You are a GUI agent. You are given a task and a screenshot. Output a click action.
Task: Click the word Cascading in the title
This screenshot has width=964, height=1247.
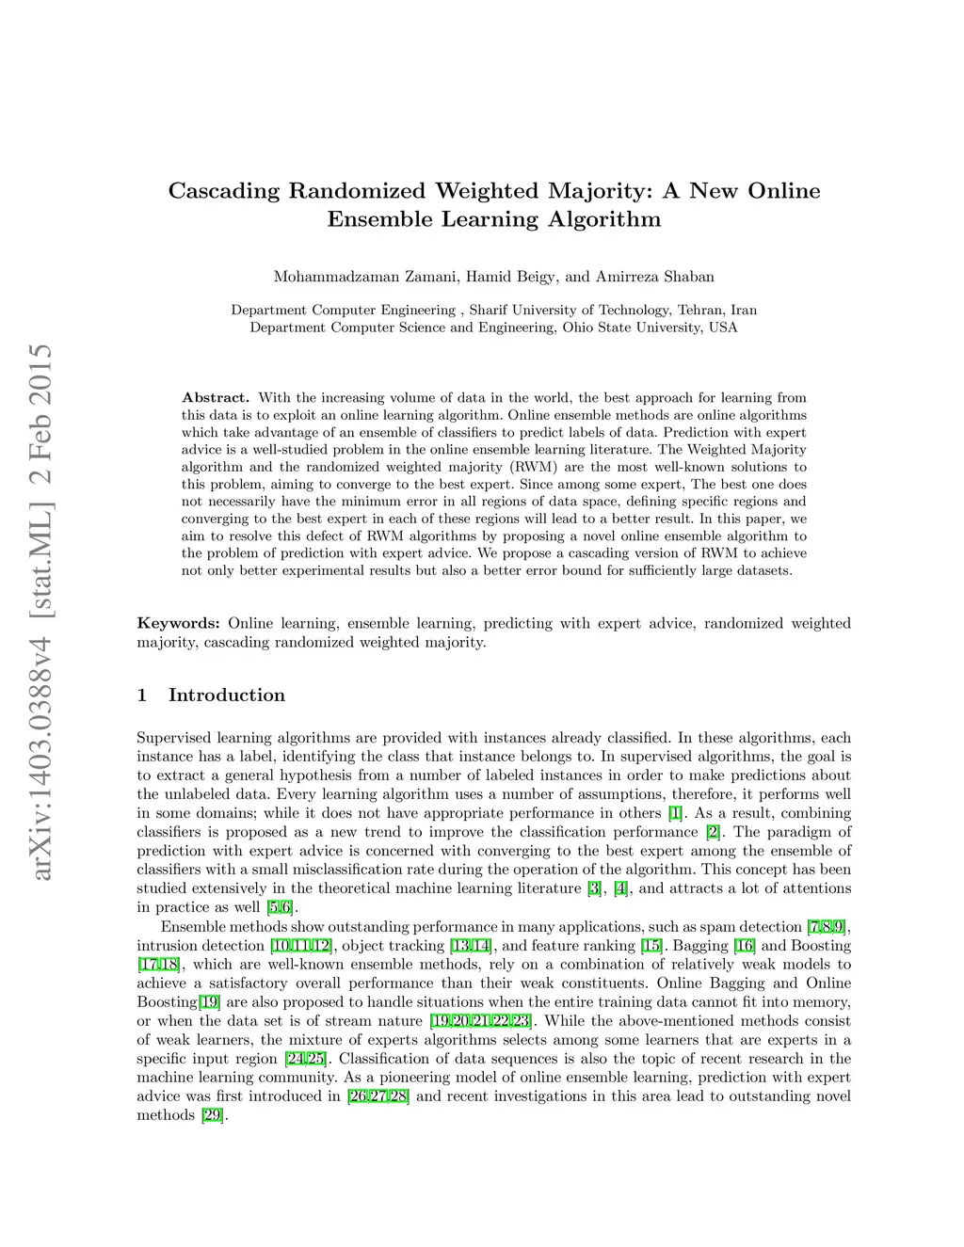click(x=224, y=191)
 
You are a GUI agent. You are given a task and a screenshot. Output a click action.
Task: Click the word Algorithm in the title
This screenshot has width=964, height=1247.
click(x=603, y=220)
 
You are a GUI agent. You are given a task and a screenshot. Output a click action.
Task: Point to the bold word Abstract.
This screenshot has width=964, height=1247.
click(x=216, y=397)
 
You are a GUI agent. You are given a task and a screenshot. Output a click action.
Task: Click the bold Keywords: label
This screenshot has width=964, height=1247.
click(x=179, y=623)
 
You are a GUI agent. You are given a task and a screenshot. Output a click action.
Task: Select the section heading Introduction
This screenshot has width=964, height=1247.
click(x=226, y=695)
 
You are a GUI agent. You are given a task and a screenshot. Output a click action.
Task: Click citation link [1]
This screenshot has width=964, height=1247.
click(x=674, y=813)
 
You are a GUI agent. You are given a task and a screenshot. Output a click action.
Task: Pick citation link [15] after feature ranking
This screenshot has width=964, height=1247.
click(x=651, y=946)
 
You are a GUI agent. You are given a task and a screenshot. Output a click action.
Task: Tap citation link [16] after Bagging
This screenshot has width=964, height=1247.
click(x=745, y=946)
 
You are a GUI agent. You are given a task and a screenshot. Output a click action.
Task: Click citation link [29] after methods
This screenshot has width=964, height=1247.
click(x=211, y=1115)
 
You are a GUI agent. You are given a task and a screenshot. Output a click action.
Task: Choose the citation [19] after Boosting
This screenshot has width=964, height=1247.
click(x=209, y=1002)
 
